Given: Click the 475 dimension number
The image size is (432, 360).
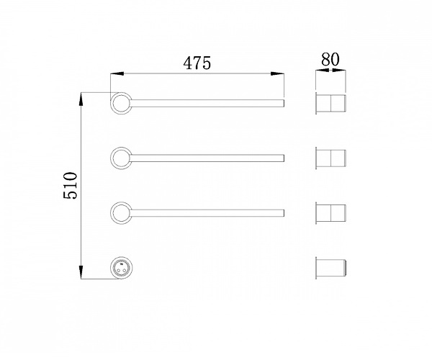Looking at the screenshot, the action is click(197, 63).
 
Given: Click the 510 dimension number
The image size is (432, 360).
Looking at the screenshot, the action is click(71, 185).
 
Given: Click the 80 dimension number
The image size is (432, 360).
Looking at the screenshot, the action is click(330, 59).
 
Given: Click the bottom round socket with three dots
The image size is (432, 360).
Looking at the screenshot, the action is click(121, 268).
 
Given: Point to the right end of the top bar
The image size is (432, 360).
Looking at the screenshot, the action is click(284, 103).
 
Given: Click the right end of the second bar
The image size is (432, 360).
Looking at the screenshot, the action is click(284, 158).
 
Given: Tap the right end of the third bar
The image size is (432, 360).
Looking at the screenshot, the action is click(284, 213).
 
